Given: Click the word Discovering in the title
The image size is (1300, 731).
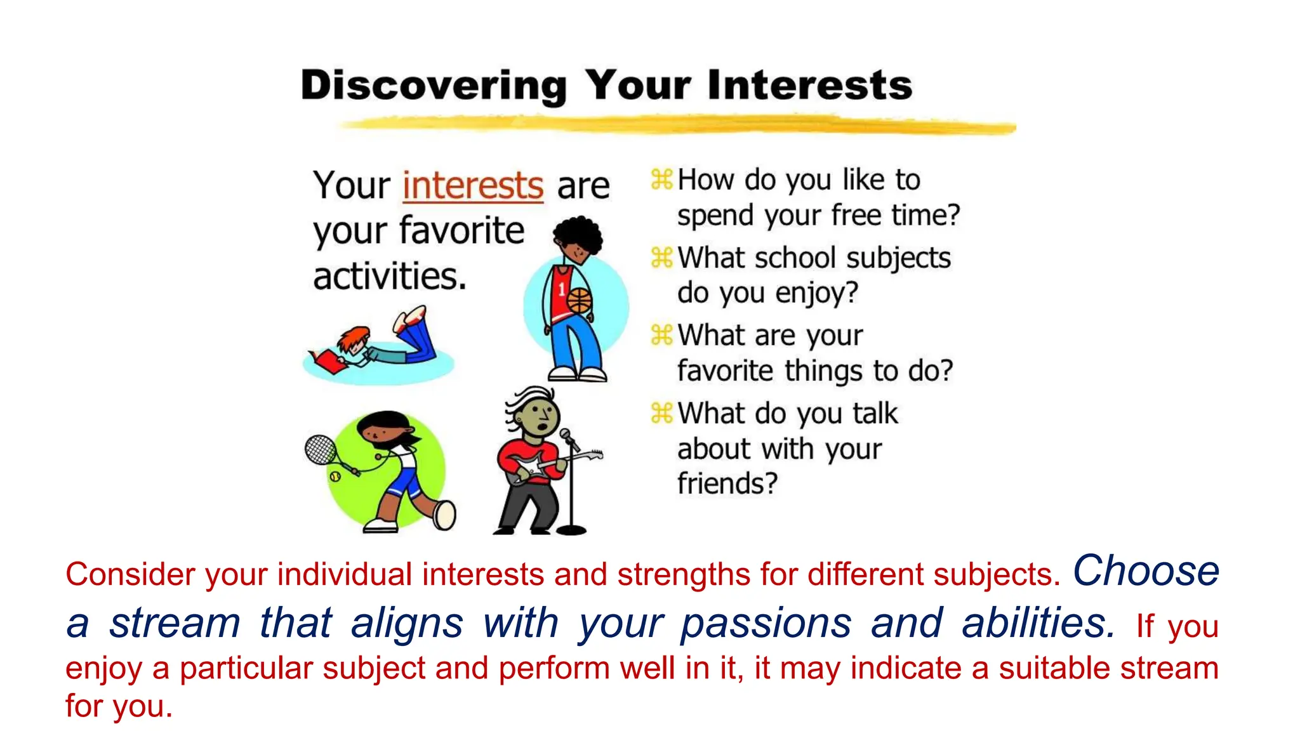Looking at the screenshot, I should click(x=434, y=86).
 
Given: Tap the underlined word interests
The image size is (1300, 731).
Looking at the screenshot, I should click(x=473, y=185).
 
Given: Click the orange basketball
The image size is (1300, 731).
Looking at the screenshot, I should click(x=579, y=301).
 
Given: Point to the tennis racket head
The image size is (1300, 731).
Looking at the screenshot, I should click(x=321, y=449).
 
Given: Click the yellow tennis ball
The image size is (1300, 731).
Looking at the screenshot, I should click(x=335, y=476).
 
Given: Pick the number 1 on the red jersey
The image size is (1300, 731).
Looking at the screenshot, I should click(x=561, y=290).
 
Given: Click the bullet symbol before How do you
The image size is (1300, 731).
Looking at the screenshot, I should click(x=661, y=180).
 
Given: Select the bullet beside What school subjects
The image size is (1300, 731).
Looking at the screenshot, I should click(x=661, y=258).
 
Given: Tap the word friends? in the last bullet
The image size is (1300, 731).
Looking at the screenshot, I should click(x=727, y=484).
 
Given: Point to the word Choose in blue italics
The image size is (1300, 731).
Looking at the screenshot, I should click(x=1146, y=570).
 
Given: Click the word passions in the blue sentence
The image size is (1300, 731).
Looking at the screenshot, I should click(x=766, y=623).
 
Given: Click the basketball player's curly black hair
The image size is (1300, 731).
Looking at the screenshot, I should click(x=578, y=233).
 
